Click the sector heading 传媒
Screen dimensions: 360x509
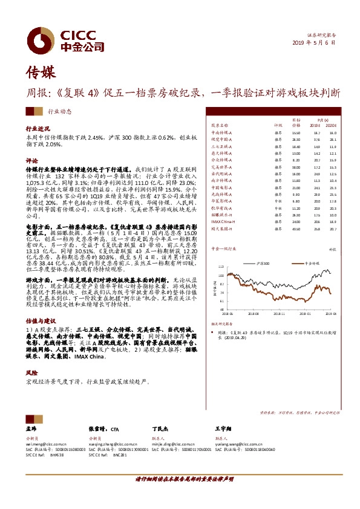pyautogui.click(x=41, y=74)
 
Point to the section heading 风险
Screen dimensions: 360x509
pyautogui.click(x=31, y=374)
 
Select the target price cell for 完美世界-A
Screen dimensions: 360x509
pyautogui.click(x=296, y=167)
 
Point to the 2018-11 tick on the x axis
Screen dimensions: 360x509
pyautogui.click(x=280, y=314)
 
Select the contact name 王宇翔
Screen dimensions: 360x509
pyautogui.click(x=224, y=426)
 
